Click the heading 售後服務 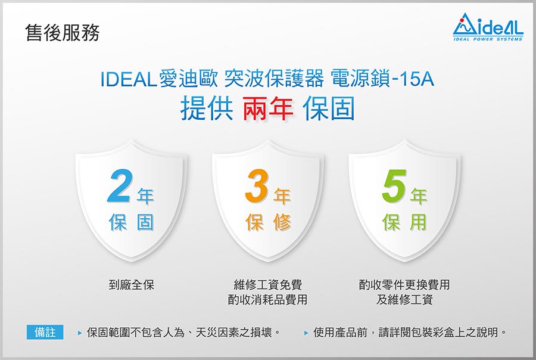[63, 33]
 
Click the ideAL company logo [488, 27]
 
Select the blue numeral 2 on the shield [119, 187]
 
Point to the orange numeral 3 [256, 187]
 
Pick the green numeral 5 [394, 187]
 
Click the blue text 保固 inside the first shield [131, 222]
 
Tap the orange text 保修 [268, 222]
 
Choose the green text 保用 [405, 222]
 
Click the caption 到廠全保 [131, 285]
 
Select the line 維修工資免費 [267, 285]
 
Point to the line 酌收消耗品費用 [267, 300]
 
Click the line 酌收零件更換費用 [404, 285]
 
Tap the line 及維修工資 [404, 300]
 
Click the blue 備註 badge [45, 332]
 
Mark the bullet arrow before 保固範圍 [80, 333]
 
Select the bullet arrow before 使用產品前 [306, 333]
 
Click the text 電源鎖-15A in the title [382, 79]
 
